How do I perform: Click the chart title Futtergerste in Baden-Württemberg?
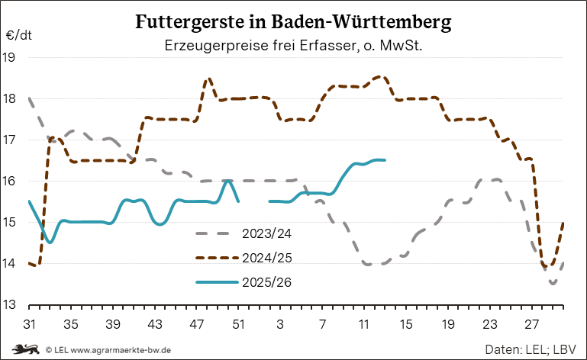(x=293, y=21)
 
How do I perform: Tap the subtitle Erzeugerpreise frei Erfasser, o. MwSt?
(x=294, y=46)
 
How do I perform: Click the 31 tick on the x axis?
(x=30, y=323)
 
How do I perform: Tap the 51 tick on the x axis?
(x=239, y=323)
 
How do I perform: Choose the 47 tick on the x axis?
(x=197, y=323)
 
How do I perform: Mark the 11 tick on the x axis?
(x=363, y=323)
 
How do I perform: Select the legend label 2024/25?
(x=267, y=258)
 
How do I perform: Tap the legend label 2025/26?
(x=267, y=282)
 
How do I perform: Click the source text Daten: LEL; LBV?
(x=530, y=349)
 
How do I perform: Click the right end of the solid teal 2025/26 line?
(x=385, y=160)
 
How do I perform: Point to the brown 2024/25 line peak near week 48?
(x=208, y=79)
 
